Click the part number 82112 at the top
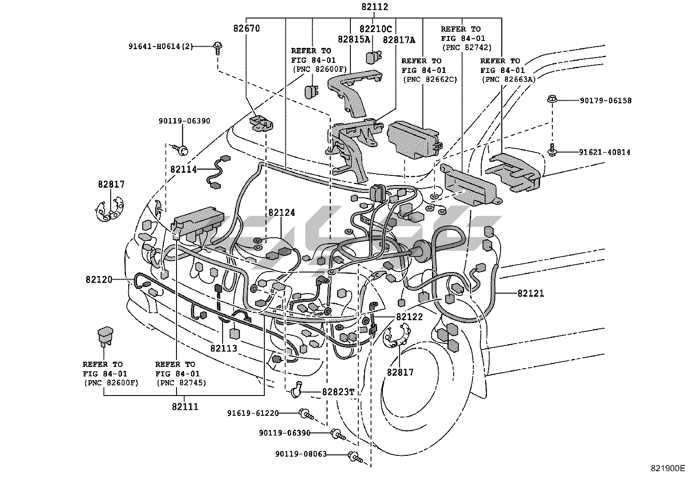click(375, 7)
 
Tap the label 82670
click(246, 29)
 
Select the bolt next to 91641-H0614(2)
click(218, 48)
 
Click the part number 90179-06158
click(605, 101)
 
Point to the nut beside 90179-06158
click(552, 99)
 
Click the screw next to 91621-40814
click(552, 150)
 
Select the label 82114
click(184, 169)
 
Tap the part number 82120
click(99, 280)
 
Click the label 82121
click(530, 293)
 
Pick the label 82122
click(409, 317)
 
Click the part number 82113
click(224, 348)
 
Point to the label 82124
click(281, 212)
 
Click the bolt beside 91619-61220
click(306, 414)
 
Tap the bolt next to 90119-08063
click(355, 457)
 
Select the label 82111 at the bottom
click(185, 407)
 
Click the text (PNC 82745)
click(182, 383)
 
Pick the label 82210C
click(375, 29)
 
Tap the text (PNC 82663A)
click(508, 80)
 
